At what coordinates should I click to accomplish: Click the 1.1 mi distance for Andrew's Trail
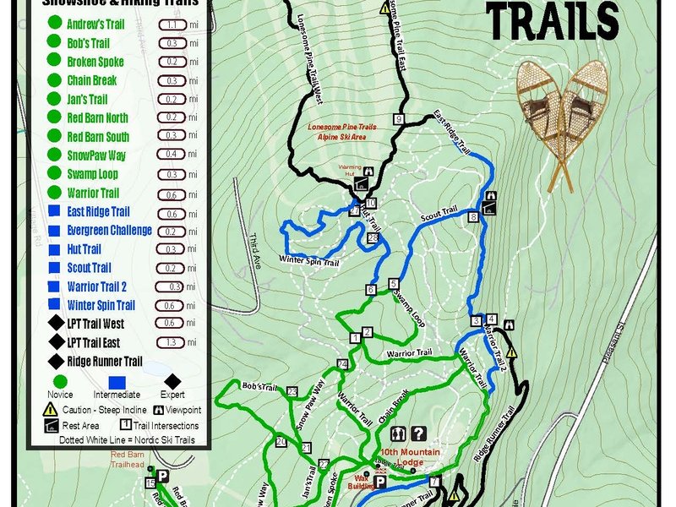coord(172,25)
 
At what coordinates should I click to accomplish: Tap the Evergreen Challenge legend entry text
coord(110,231)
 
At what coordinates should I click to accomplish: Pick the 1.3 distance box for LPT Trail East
coord(172,342)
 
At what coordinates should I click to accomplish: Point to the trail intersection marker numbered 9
coord(397,118)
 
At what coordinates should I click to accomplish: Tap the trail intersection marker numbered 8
coord(473,217)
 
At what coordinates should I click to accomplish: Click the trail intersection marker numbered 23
coord(292,391)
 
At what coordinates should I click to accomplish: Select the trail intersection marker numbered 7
coord(434,482)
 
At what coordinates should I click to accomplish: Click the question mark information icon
coord(418,434)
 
